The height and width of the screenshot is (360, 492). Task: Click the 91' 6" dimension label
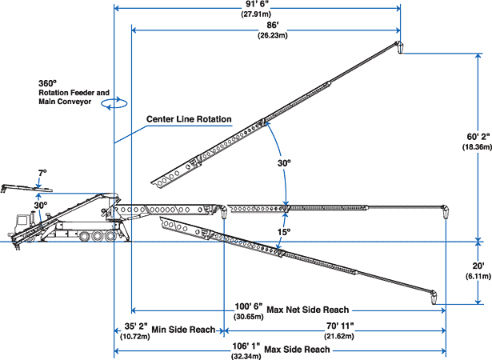click(256, 3)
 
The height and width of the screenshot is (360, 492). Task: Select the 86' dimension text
click(273, 26)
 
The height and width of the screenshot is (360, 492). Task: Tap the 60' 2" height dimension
click(478, 137)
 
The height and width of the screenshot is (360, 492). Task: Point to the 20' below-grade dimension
click(478, 266)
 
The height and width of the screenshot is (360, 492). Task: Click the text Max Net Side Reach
click(307, 310)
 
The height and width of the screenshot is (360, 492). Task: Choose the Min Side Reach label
click(183, 330)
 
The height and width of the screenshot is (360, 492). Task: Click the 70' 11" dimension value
click(340, 326)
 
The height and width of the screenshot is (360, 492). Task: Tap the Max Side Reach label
click(297, 350)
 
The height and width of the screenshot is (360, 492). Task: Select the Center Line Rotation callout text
click(189, 119)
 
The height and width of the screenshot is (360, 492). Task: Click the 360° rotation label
click(48, 83)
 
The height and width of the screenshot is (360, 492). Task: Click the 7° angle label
click(42, 174)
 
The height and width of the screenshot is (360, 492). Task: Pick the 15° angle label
click(284, 232)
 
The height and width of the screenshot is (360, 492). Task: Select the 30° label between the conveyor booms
click(284, 163)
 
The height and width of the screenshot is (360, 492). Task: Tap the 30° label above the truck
click(41, 206)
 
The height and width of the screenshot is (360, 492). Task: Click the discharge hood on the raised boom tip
click(400, 47)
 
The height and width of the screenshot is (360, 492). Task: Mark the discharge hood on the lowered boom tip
click(434, 298)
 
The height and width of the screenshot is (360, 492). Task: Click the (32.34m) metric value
click(246, 357)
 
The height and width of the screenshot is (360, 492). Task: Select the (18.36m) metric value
click(477, 146)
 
